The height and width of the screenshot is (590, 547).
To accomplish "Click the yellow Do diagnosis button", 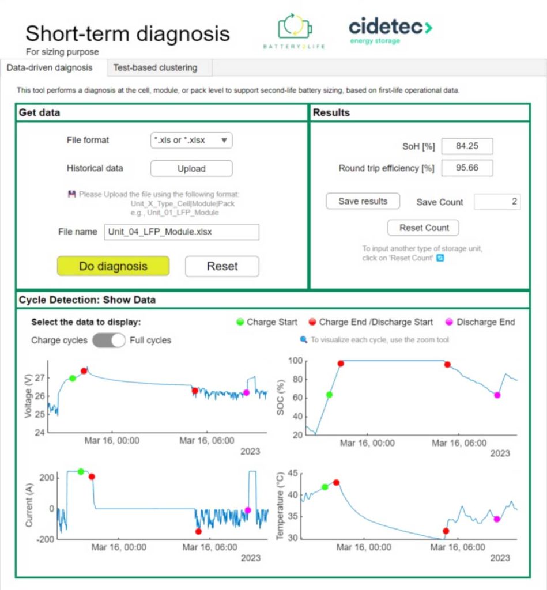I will coord(113,266).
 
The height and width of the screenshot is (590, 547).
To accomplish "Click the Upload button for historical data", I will coord(191,169).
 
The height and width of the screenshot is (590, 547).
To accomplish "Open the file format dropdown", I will coord(191,140).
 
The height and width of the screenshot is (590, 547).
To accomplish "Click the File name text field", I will coord(182,232).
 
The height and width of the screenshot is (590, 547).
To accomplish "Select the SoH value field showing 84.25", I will coord(467,146).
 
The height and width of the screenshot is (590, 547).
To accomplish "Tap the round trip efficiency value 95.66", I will coord(467,168).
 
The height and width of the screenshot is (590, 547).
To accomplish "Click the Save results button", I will coord(363,201).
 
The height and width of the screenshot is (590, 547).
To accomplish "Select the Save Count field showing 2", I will coord(497,202).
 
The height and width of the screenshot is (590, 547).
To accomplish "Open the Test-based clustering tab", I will coord(155,67).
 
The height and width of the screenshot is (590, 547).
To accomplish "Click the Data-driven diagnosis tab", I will coord(50,67).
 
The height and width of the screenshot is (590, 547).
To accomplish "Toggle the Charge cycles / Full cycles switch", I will coord(109,340).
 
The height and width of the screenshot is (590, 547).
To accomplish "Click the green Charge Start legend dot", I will coord(240,322).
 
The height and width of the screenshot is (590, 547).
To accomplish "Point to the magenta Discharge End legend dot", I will coord(450,322).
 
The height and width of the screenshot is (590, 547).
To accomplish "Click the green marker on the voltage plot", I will coord(73,378).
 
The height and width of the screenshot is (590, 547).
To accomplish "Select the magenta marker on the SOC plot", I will coord(497,395).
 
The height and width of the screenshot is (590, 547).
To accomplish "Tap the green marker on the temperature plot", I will coord(325,487).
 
